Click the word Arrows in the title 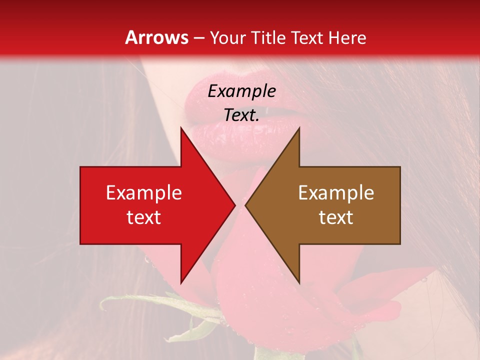point(156,37)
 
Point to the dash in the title point(199,38)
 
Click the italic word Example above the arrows point(241,91)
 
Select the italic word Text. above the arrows point(241,115)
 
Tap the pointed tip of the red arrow point(234,205)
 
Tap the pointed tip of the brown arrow point(246,205)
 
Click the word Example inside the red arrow point(144,193)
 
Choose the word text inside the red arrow point(144,217)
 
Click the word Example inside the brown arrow point(336,193)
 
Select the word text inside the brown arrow point(336,217)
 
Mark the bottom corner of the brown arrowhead point(298,281)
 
